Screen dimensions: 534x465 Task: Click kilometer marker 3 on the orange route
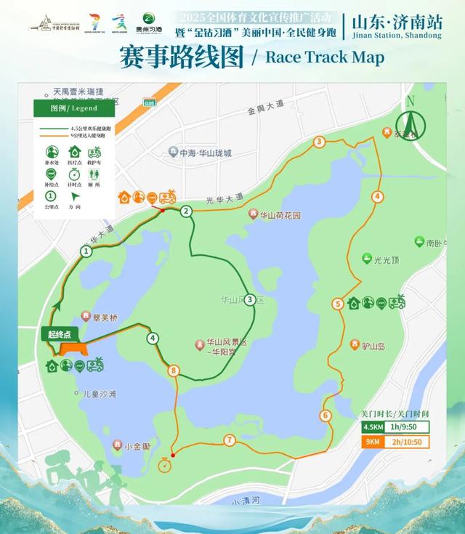(319, 141)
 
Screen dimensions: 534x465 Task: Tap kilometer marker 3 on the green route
(250, 299)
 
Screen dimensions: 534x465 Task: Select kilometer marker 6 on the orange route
(325, 415)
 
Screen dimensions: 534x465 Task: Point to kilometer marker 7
(230, 440)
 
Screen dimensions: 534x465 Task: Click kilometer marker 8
(173, 371)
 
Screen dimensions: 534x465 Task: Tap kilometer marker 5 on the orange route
(338, 304)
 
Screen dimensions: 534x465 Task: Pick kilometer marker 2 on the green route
(186, 211)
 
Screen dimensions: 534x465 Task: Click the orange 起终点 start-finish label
(60, 334)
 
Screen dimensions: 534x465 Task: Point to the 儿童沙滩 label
(100, 394)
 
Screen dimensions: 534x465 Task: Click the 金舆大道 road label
(265, 106)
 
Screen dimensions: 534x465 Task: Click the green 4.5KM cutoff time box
(395, 426)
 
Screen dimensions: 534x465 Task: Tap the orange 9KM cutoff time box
(395, 441)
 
